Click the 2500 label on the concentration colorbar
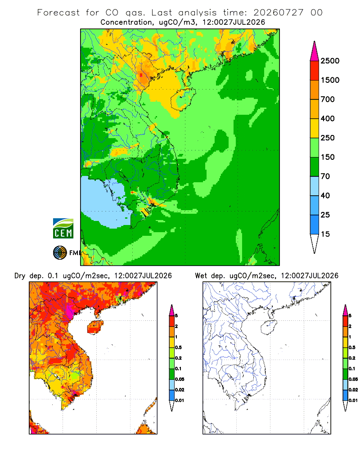[330, 61]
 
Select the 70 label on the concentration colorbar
[325, 176]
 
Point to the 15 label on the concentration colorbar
[325, 234]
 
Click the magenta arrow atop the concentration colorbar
[315, 51]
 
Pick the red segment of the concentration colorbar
[315, 71]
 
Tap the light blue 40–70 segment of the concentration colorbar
[315, 186]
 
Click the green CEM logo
[63, 229]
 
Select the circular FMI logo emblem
[60, 253]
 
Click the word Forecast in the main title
[58, 13]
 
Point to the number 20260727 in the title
[278, 13]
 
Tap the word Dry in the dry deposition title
[20, 276]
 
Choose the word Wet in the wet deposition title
[201, 276]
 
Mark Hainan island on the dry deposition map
[95, 327]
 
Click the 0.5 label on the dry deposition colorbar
[178, 347]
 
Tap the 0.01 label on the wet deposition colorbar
[353, 400]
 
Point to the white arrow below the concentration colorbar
[315, 243]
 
